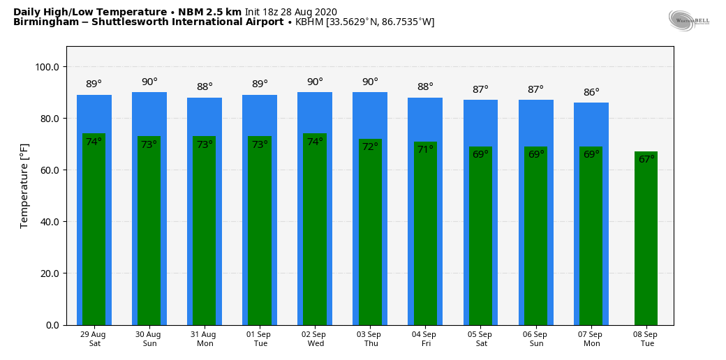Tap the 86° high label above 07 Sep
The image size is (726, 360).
[591, 93]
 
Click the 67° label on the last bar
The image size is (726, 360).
[646, 160]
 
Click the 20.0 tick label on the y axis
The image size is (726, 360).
[50, 273]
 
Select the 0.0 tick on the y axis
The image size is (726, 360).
[53, 325]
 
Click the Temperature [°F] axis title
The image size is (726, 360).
[24, 186]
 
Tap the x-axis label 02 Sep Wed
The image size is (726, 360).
[316, 339]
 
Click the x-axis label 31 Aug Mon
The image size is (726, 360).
[205, 339]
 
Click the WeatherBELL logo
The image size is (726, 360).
[688, 21]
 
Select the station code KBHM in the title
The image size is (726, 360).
[309, 22]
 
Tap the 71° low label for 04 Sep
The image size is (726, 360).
[425, 150]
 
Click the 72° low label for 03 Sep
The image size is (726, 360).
[370, 147]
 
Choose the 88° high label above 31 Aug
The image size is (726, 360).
[205, 87]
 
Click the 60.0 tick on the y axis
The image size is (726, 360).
[50, 170]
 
